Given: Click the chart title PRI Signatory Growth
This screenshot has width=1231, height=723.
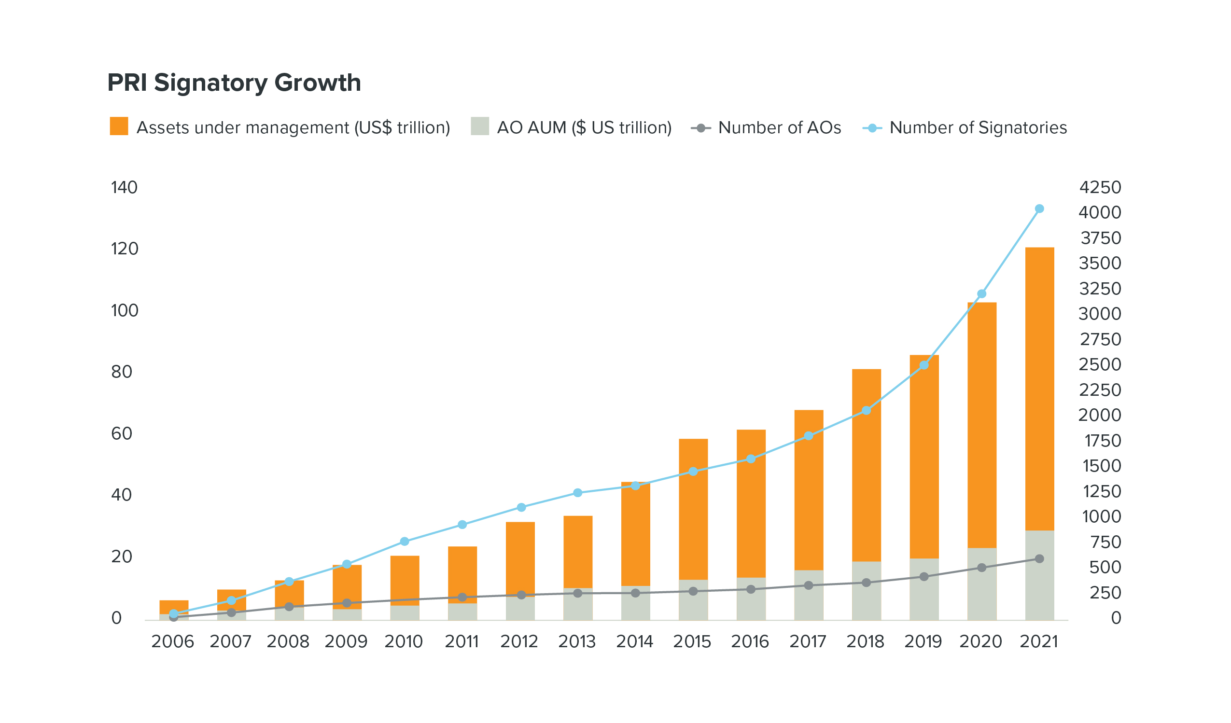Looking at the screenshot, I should click(234, 83).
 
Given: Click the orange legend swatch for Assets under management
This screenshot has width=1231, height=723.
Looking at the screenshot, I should click(119, 126).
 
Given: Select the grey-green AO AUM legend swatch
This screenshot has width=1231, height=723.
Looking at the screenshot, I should click(480, 126).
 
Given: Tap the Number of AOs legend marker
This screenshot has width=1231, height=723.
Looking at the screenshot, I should click(701, 128).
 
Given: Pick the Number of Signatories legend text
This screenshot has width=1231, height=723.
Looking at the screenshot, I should click(978, 128).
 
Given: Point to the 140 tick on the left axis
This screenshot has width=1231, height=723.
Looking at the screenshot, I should click(124, 188).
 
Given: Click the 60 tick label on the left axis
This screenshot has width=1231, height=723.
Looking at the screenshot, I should click(122, 434).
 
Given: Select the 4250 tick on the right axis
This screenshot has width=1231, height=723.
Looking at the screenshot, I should click(1100, 188).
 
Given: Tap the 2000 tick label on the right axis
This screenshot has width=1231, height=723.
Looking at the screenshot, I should click(1100, 416).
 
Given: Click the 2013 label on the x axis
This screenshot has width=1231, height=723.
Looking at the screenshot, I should click(577, 642).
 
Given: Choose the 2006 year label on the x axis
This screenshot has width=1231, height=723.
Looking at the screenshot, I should click(172, 642).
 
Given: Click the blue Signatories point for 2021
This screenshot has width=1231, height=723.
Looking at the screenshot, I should click(1039, 209).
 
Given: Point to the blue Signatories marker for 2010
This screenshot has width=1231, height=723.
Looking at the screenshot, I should click(405, 541).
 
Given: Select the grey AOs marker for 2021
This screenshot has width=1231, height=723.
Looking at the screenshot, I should click(1039, 559).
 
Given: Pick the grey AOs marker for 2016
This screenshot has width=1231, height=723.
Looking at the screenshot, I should click(751, 590).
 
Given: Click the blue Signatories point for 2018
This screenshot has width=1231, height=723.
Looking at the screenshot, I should click(867, 410).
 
